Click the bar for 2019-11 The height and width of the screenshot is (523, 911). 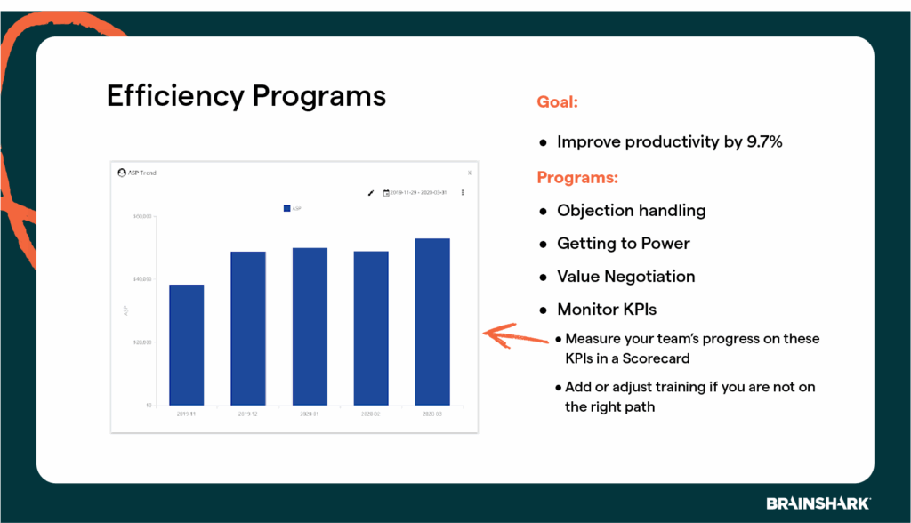tap(186, 345)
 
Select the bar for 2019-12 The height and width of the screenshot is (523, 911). tap(248, 328)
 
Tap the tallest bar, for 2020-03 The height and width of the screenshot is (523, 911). tap(432, 322)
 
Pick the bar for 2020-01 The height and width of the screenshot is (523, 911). tap(310, 326)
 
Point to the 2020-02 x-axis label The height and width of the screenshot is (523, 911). tap(371, 414)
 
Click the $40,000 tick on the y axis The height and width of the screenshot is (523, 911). tap(142, 279)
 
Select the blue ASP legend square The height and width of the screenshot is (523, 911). tap(286, 208)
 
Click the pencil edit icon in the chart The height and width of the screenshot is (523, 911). tap(371, 192)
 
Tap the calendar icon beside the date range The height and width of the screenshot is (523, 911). tap(386, 192)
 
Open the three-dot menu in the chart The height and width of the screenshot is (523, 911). tap(463, 192)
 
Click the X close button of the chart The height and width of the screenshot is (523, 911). tap(470, 173)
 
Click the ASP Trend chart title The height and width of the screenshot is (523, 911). tap(141, 173)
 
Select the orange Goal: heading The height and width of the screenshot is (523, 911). tap(558, 102)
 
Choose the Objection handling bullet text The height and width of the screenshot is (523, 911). tap(631, 211)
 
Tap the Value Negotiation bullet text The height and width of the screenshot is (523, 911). tap(625, 277)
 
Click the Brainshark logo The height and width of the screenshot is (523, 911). tap(818, 503)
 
